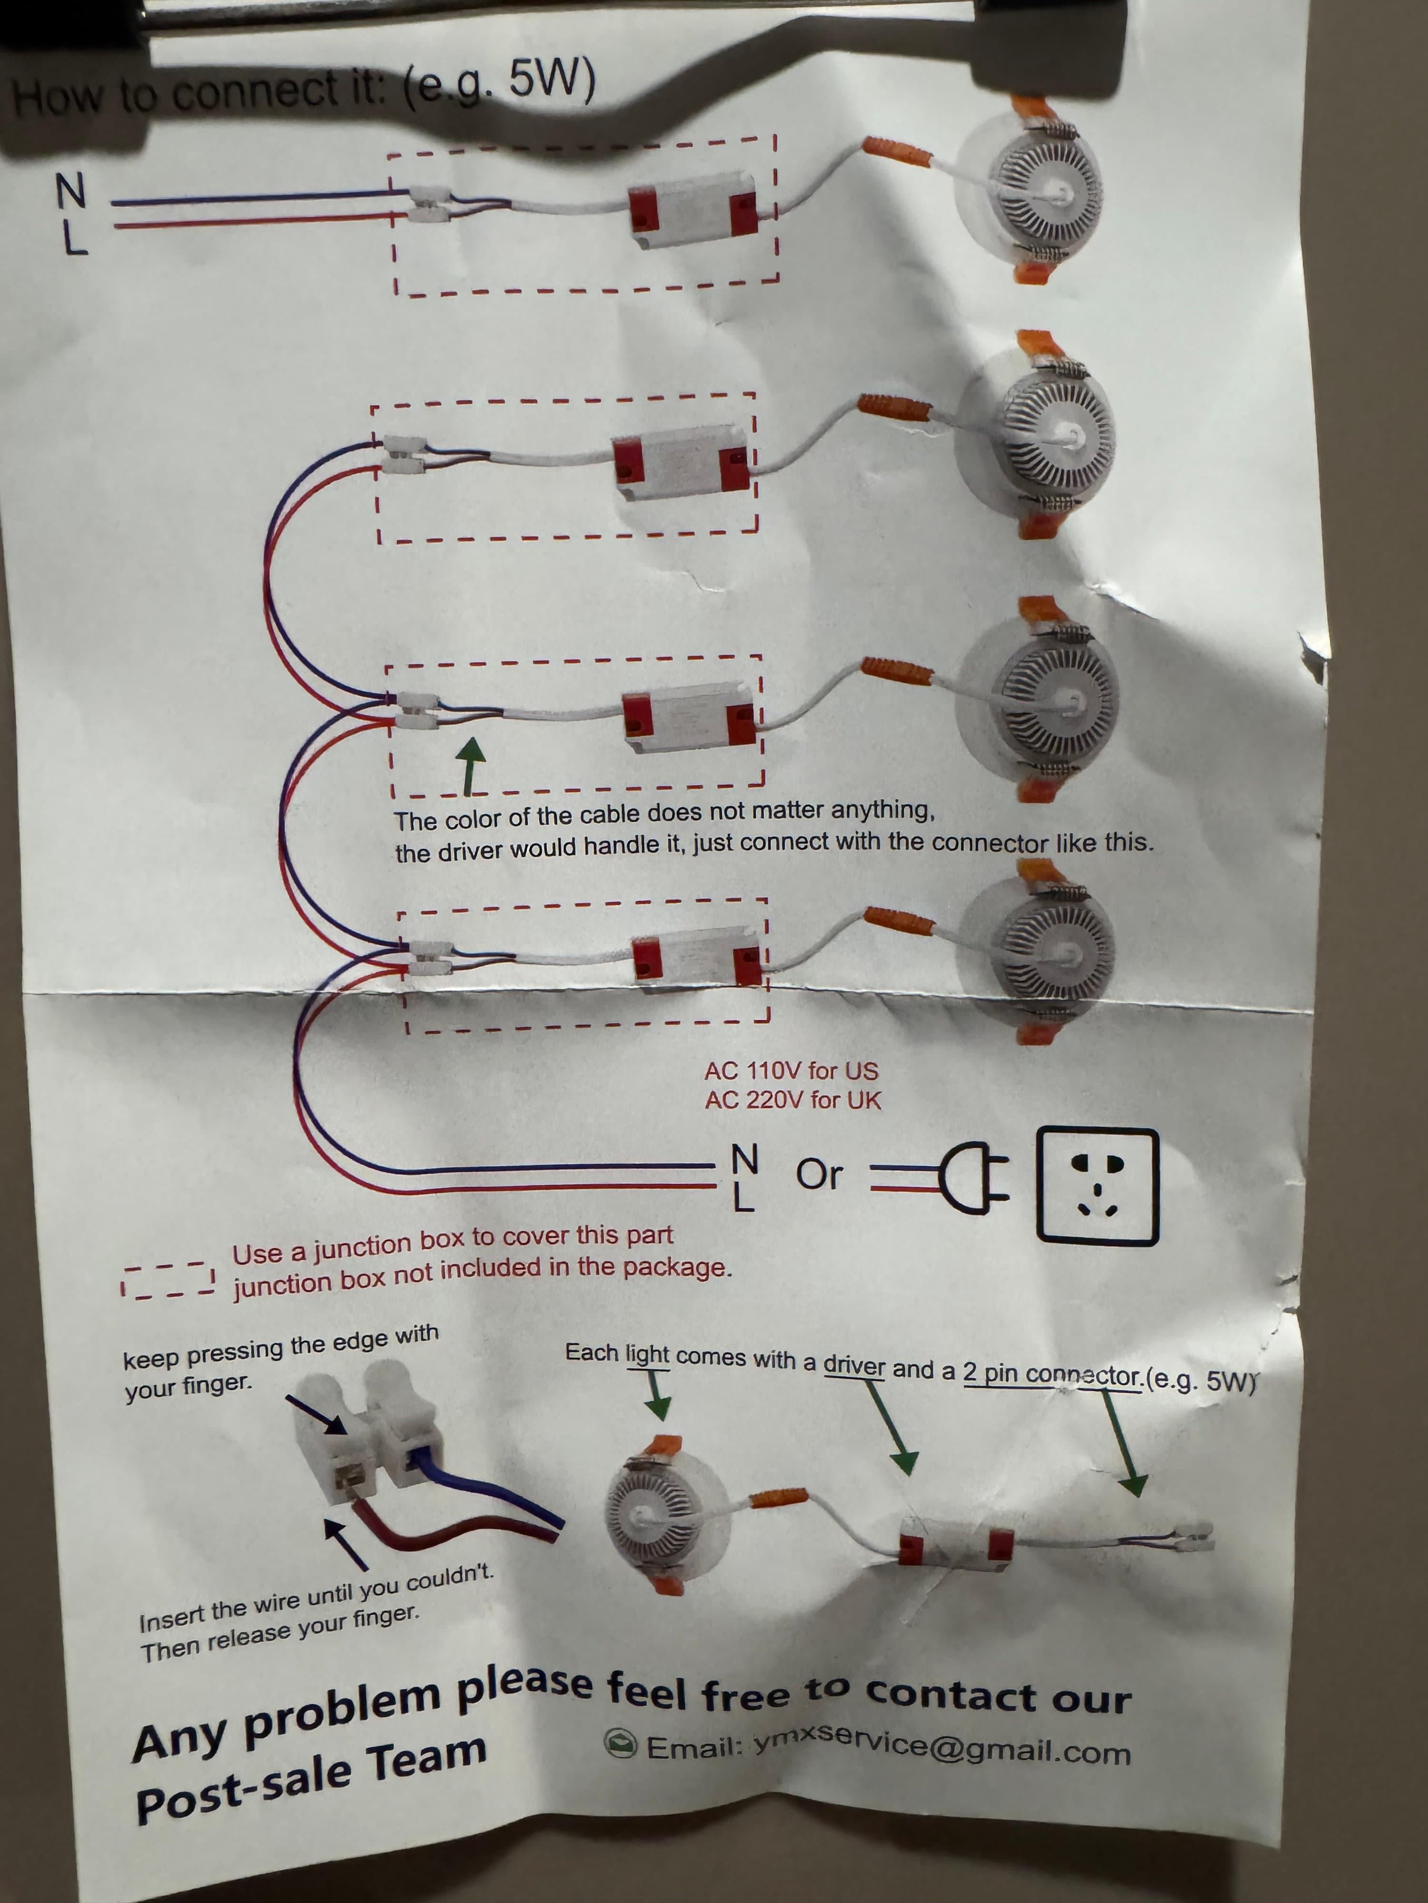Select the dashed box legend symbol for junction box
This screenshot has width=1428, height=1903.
[168, 1279]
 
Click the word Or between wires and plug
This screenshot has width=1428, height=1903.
[819, 1174]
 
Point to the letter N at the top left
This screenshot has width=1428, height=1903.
[71, 190]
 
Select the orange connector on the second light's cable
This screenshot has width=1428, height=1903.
[896, 406]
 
